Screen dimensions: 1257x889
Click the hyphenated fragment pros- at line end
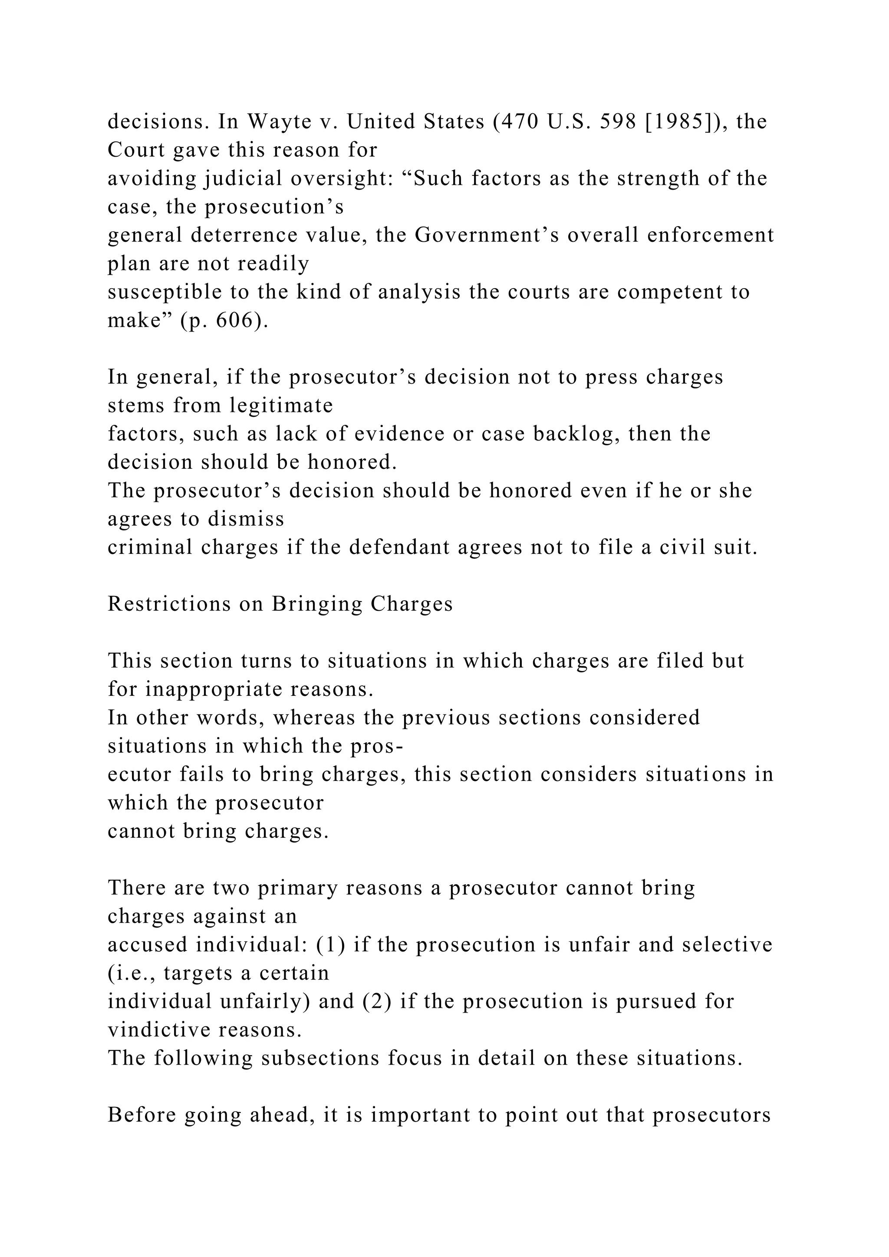(377, 746)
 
